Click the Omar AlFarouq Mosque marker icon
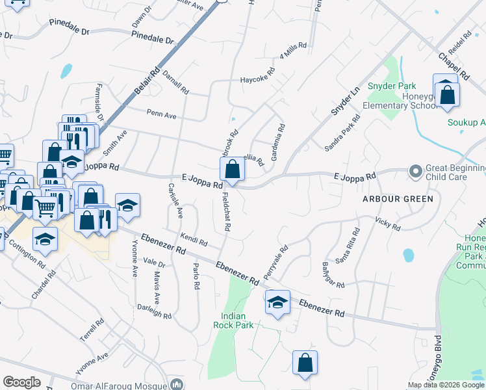point(176,384)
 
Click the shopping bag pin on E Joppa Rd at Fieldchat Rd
point(232,170)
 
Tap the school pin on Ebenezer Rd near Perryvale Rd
point(277,303)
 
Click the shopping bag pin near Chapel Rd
point(448,95)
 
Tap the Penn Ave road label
point(161,115)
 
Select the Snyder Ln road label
point(345,101)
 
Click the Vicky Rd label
point(388,224)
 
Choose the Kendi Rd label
point(194,240)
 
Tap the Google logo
point(21,382)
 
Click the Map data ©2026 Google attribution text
point(446,385)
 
